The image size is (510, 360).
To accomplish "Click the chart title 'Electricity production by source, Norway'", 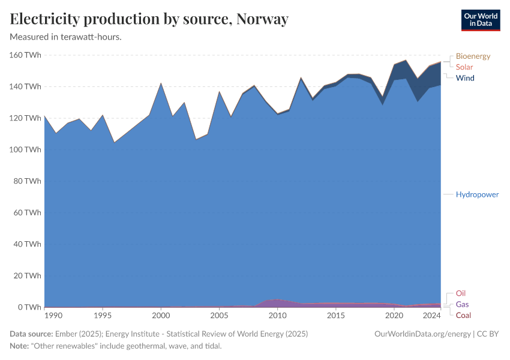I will [x=149, y=19].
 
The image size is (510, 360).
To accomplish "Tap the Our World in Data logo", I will [x=480, y=20].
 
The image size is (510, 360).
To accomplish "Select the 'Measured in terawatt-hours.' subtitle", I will [x=66, y=37].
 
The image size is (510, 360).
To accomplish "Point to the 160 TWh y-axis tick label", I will [x=26, y=55].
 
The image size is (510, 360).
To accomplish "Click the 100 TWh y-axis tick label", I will [x=26, y=149].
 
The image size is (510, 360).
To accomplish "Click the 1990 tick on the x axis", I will [x=53, y=316].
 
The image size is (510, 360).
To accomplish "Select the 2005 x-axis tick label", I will [x=219, y=316].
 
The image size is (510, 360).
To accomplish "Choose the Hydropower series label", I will [x=477, y=194].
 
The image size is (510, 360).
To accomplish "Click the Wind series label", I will [x=465, y=78].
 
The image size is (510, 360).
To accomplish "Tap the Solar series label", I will [x=464, y=67].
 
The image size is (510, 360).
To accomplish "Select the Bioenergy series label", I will [x=473, y=56].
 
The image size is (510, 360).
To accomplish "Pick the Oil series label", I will [x=461, y=293].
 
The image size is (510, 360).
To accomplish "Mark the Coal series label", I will [x=463, y=315].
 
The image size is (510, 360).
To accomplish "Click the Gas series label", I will [x=462, y=304].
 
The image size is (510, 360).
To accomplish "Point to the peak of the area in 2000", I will [x=161, y=83].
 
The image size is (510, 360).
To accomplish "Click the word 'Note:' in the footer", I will [x=20, y=346].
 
